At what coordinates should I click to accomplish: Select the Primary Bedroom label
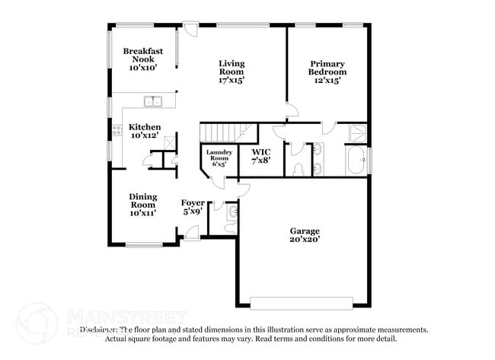pyautogui.click(x=327, y=68)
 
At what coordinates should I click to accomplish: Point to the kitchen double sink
pyautogui.click(x=154, y=100)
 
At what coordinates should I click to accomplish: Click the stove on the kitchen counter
pyautogui.click(x=117, y=130)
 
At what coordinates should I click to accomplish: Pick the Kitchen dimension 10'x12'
pyautogui.click(x=145, y=135)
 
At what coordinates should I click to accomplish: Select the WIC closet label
pyautogui.click(x=260, y=151)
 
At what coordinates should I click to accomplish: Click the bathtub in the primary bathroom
pyautogui.click(x=356, y=161)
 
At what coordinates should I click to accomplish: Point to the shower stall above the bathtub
pyautogui.click(x=356, y=134)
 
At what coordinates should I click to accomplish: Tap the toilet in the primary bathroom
pyautogui.click(x=298, y=168)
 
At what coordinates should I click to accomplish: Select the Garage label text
pyautogui.click(x=305, y=231)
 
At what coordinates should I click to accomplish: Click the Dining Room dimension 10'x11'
pyautogui.click(x=142, y=213)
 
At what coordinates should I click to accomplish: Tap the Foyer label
pyautogui.click(x=192, y=203)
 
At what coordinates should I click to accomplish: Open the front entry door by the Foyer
pyautogui.click(x=192, y=235)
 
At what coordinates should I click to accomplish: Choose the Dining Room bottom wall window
pyautogui.click(x=143, y=244)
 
